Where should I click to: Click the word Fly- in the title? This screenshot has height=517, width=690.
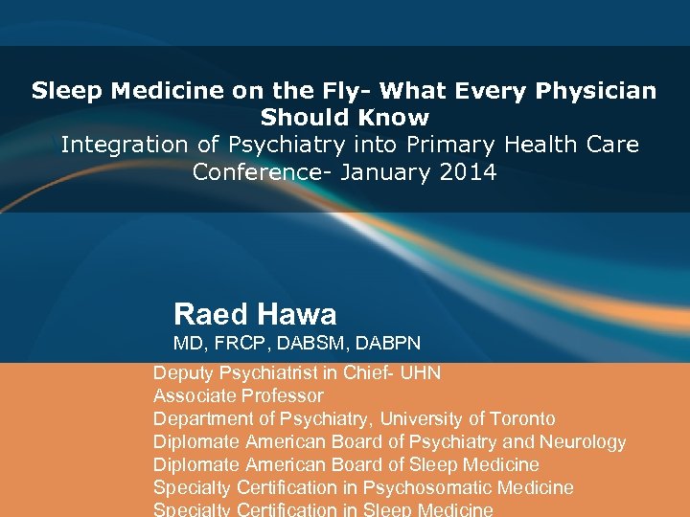coord(343,92)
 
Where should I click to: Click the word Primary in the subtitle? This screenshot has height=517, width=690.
coord(448,146)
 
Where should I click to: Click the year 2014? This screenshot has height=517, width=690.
coord(465,173)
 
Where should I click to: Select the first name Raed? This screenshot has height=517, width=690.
coord(209,314)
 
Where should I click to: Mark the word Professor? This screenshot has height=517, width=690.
coord(281,395)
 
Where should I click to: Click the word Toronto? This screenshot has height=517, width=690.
coord(522,418)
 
